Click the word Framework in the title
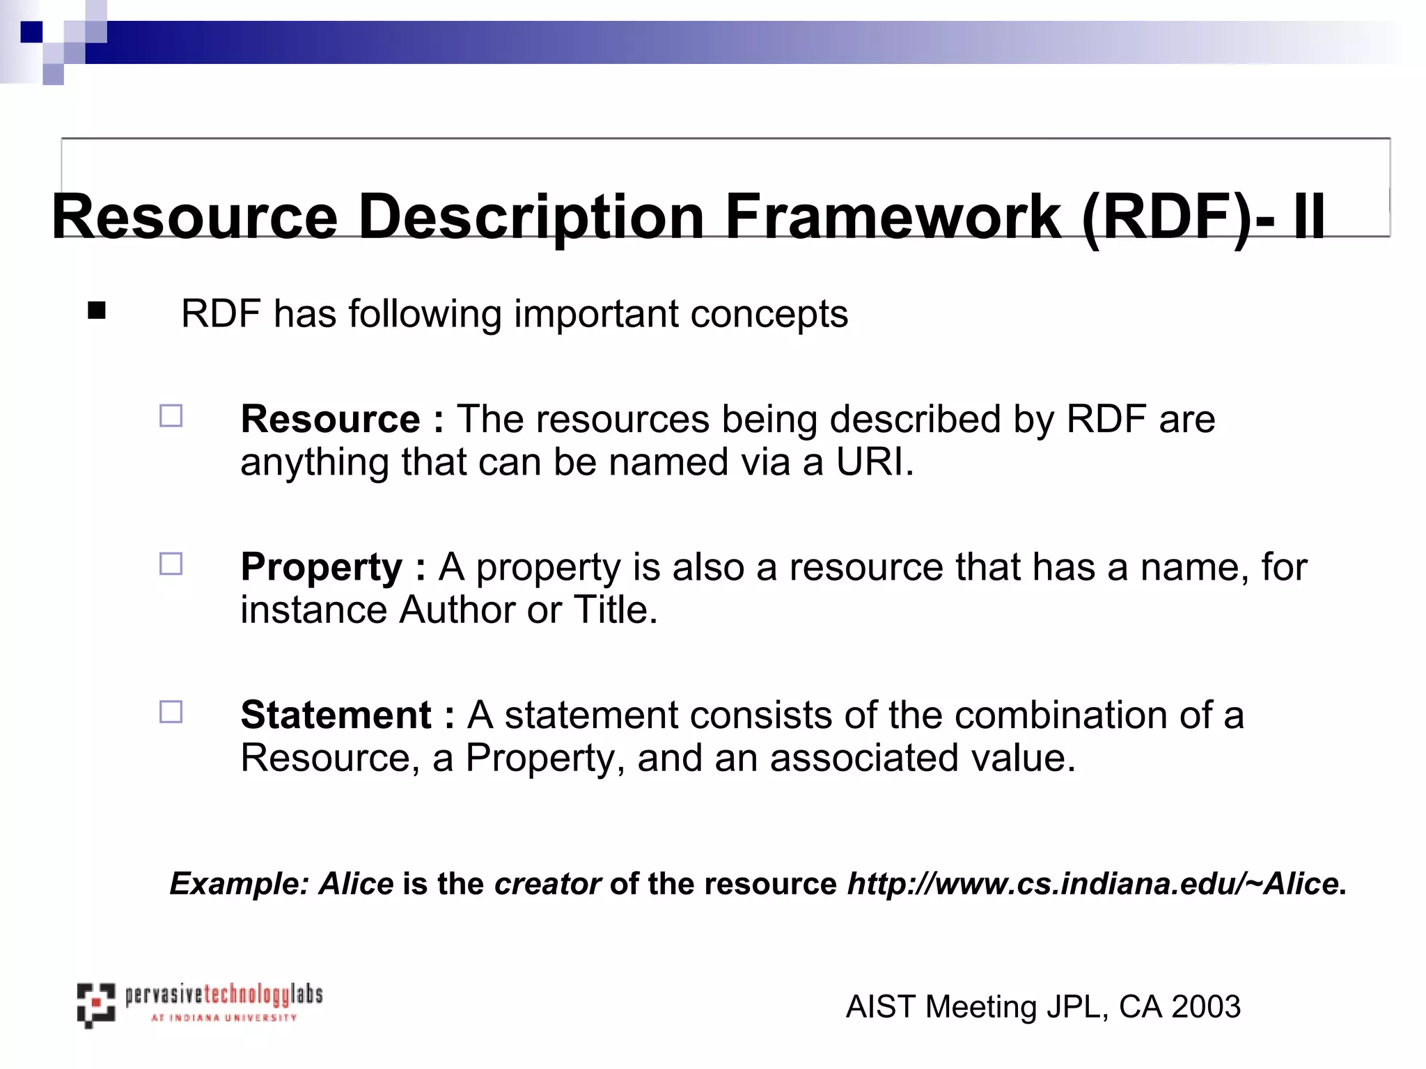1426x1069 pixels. click(x=893, y=217)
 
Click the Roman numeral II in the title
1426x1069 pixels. click(x=1309, y=217)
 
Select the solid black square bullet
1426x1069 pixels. click(x=97, y=310)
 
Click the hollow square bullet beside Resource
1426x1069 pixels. click(x=171, y=416)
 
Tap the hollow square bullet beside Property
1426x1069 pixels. click(x=171, y=564)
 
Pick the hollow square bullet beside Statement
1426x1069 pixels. click(x=171, y=712)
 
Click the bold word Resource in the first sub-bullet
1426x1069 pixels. click(x=330, y=419)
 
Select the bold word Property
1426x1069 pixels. click(x=321, y=567)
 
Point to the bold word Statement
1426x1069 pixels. click(x=336, y=715)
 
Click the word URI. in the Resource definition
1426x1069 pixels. click(x=875, y=462)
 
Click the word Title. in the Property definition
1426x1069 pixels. click(x=616, y=610)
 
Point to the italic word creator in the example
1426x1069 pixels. click(x=547, y=884)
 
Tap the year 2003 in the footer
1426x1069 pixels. click(x=1206, y=1007)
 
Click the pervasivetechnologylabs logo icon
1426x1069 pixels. click(x=95, y=1004)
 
